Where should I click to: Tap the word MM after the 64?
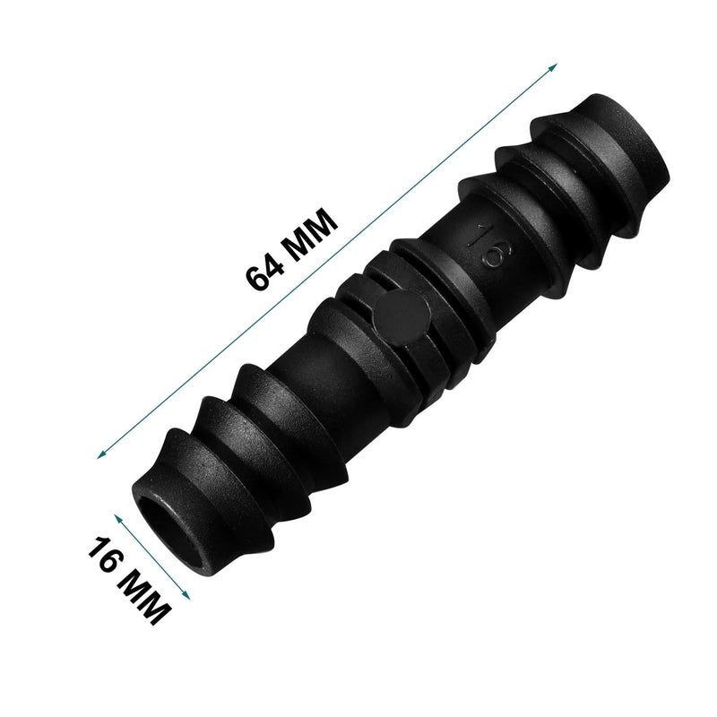coord(309,230)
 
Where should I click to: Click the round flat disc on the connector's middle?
coord(400,317)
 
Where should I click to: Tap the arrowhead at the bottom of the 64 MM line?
coord(100,456)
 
